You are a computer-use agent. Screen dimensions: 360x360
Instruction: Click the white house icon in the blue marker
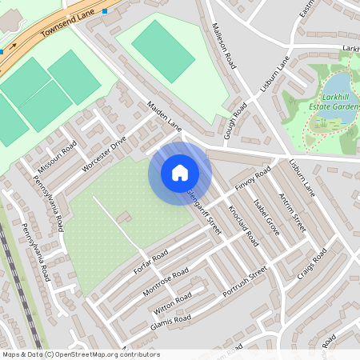coord(180,173)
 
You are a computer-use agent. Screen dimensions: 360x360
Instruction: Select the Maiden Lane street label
coord(165,116)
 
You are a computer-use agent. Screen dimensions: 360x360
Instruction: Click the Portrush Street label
coord(243,283)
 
